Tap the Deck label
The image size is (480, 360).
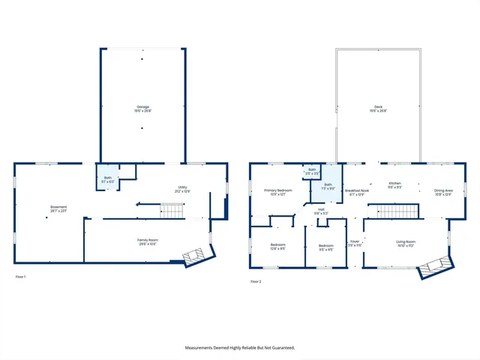379,107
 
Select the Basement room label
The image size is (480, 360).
58,207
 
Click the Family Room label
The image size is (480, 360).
147,240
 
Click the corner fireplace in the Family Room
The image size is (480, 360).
192,256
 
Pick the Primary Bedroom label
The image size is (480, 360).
277,190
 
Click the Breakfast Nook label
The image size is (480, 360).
357,190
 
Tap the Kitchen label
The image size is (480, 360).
395,184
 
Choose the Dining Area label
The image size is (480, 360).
443,190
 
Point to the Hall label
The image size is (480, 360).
319,211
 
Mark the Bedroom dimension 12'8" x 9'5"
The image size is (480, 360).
277,248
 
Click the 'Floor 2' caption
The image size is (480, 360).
256,281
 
